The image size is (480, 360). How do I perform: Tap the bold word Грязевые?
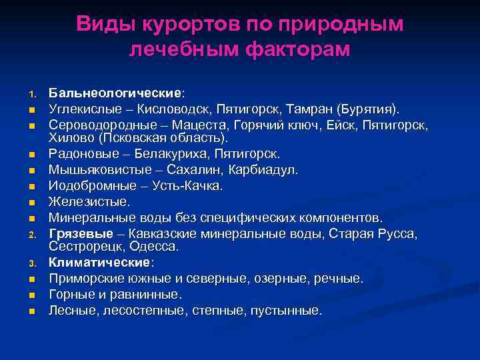point(77,233)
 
